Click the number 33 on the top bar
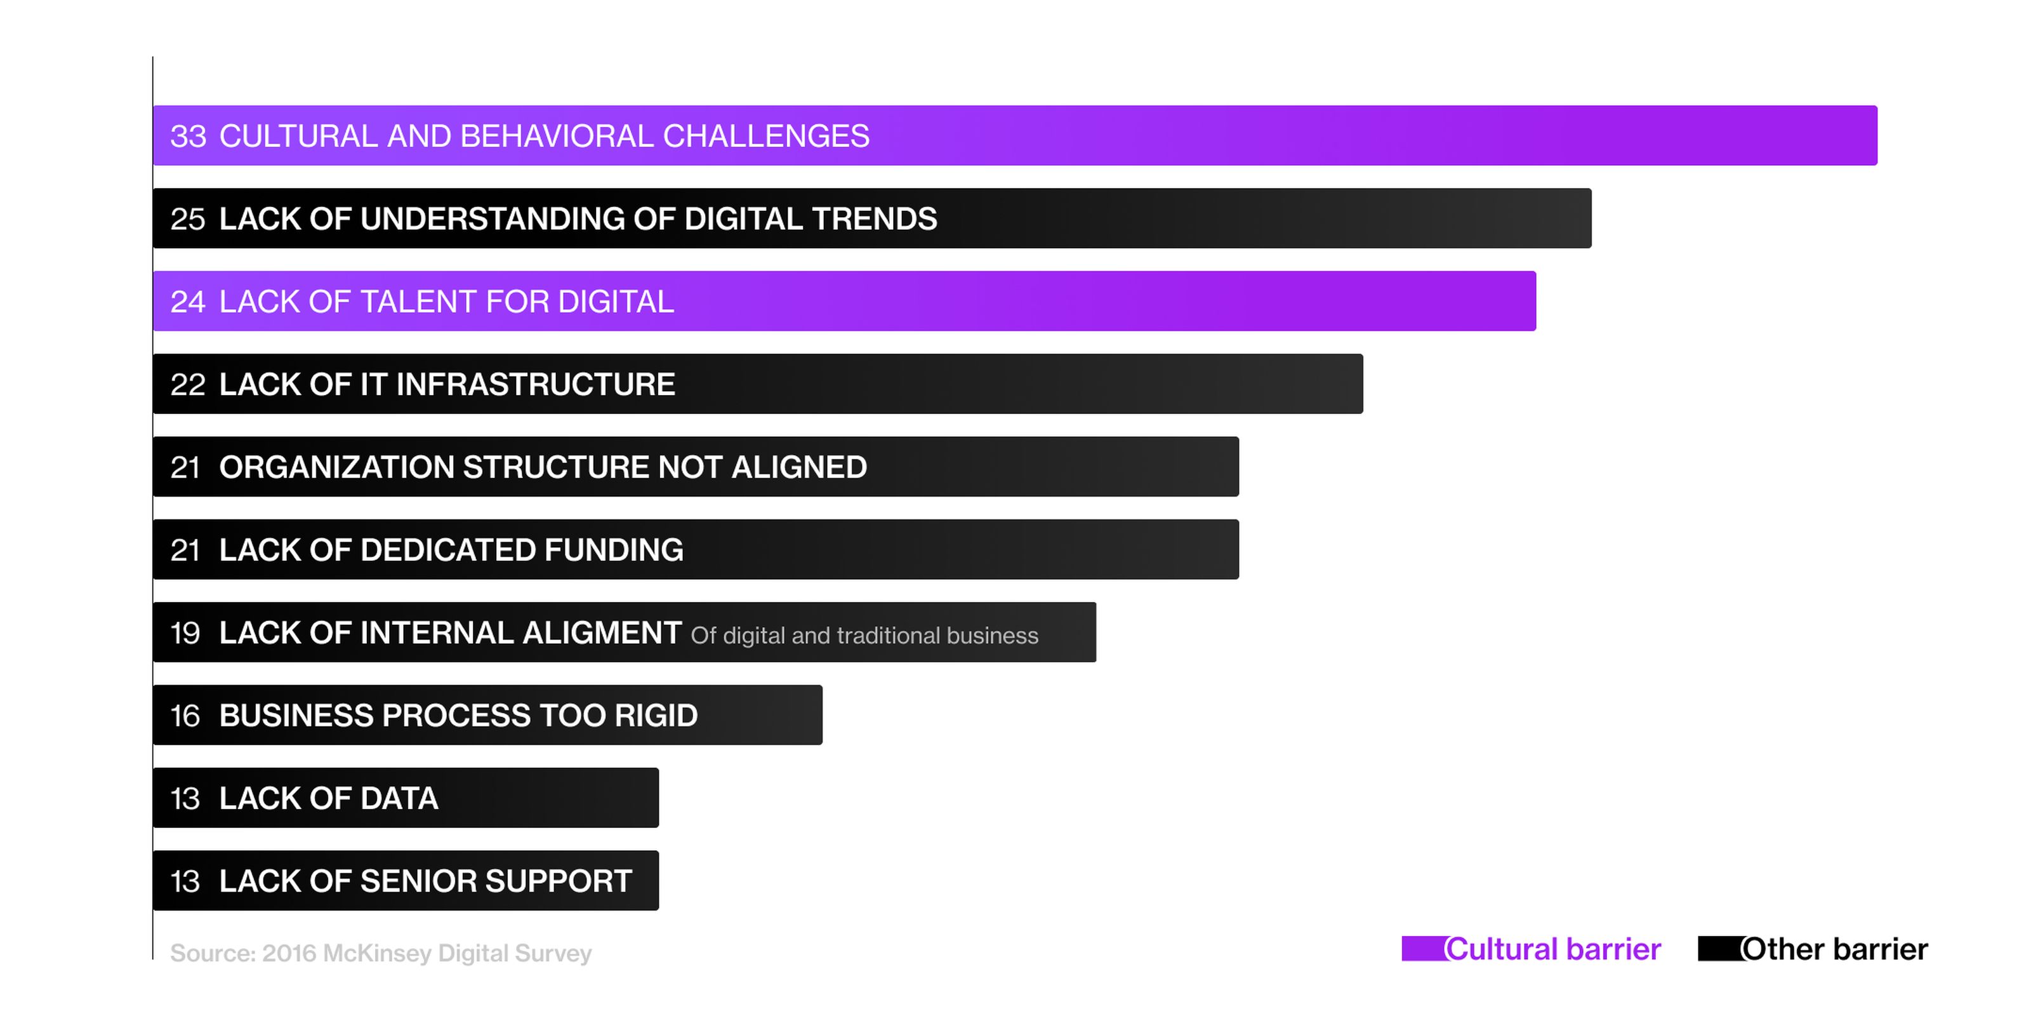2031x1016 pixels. click(189, 137)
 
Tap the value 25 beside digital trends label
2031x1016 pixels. click(188, 219)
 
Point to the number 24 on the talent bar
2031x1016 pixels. click(188, 302)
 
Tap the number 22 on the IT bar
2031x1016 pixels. click(188, 385)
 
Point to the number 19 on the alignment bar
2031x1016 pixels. click(185, 634)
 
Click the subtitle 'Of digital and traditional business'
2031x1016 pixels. click(865, 636)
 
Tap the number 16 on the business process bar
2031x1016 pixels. click(185, 716)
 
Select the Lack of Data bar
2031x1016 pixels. click(406, 798)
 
